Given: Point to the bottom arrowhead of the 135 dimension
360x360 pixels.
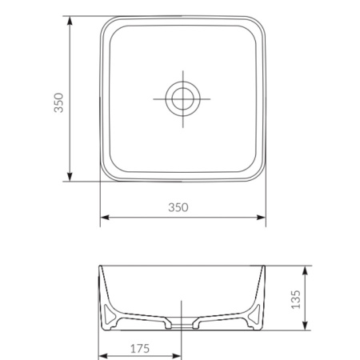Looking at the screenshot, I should (x=308, y=328).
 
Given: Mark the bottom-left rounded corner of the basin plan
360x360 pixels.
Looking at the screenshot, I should (x=107, y=174).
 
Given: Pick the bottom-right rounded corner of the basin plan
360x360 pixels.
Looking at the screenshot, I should (x=258, y=174).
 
